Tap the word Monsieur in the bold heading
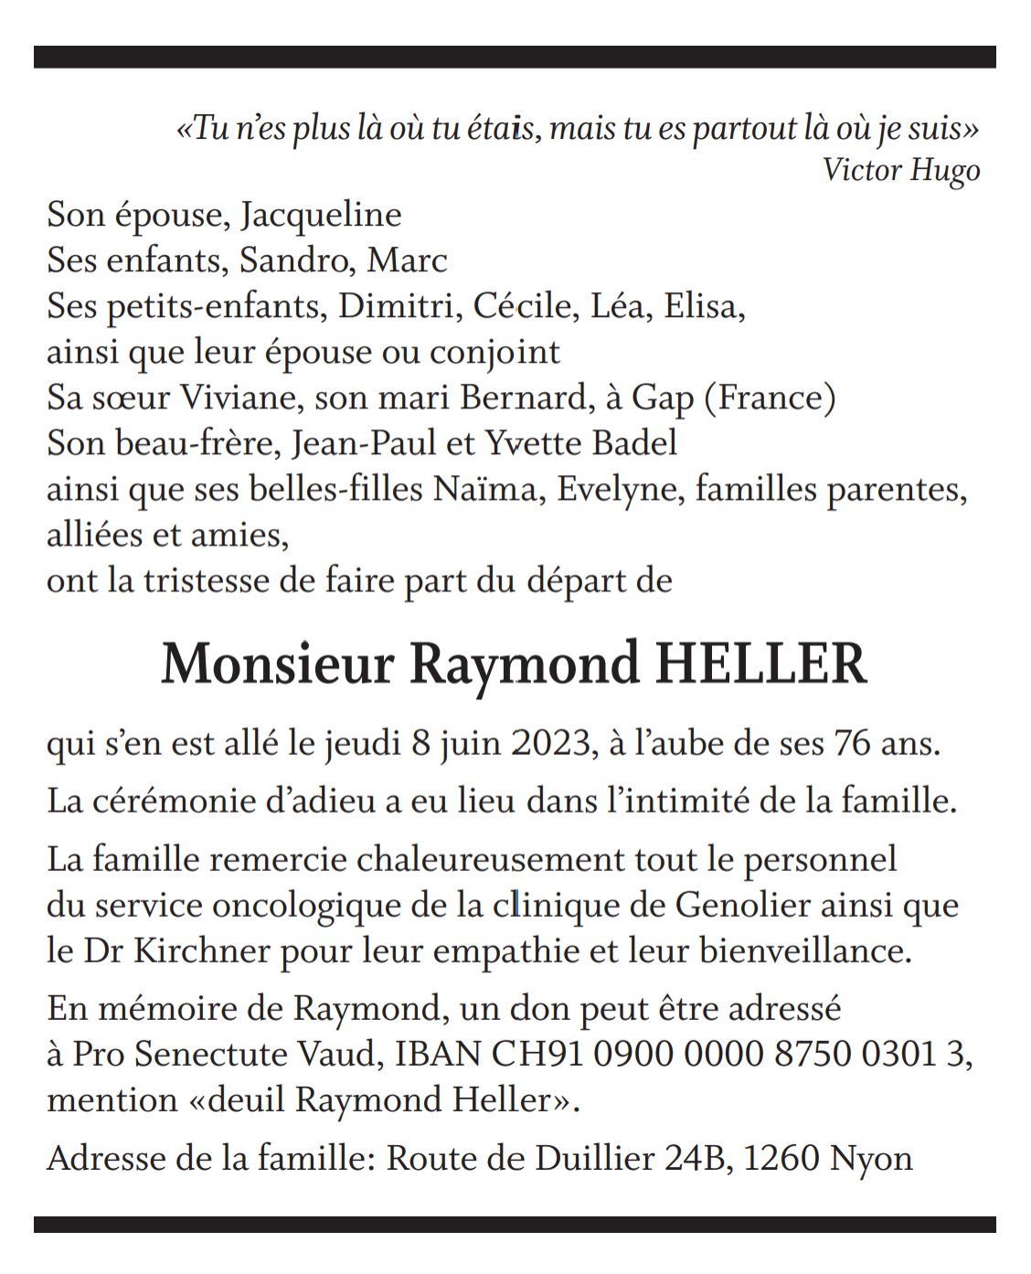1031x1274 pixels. click(x=277, y=665)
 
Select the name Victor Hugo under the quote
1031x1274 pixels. click(x=900, y=171)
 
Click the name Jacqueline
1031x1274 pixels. click(x=321, y=216)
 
